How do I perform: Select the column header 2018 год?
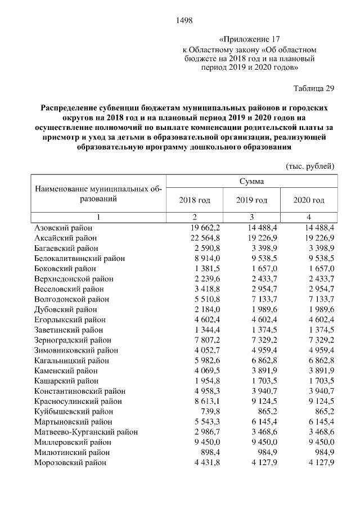(x=194, y=200)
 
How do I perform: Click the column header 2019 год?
(x=251, y=200)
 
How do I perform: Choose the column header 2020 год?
(x=309, y=200)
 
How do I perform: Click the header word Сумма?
(x=251, y=181)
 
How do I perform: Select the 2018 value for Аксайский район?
(x=204, y=238)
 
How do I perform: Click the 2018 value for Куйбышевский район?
(x=209, y=412)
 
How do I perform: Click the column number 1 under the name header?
(x=98, y=217)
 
